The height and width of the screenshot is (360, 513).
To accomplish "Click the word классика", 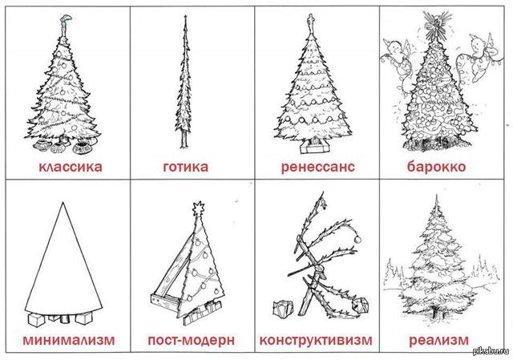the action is (71, 167).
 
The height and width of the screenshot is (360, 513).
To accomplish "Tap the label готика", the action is (185, 167).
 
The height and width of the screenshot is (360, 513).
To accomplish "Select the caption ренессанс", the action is (317, 167).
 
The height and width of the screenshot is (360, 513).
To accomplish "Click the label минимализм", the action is (69, 340).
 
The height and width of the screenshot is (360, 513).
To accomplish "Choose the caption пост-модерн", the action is (191, 341).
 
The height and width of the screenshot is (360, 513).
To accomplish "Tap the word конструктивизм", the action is (316, 340).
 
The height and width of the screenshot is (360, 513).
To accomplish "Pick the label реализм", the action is (438, 341).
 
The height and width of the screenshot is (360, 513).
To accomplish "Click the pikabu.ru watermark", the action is (491, 351).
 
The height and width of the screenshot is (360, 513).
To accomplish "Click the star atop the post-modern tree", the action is (198, 208).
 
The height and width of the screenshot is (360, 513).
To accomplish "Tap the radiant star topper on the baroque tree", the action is (436, 24).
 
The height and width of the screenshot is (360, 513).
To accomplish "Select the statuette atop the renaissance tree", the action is (310, 23).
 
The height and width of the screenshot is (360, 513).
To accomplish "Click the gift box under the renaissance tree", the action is (314, 145).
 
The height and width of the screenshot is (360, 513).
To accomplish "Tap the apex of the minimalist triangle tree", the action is (63, 202).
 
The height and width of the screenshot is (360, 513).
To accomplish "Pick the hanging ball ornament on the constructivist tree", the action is (357, 239).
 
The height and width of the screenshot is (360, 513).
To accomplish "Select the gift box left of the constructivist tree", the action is (283, 309).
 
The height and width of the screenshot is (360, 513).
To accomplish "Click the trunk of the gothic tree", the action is (184, 140).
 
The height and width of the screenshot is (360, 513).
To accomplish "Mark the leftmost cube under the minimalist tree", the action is (36, 320).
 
